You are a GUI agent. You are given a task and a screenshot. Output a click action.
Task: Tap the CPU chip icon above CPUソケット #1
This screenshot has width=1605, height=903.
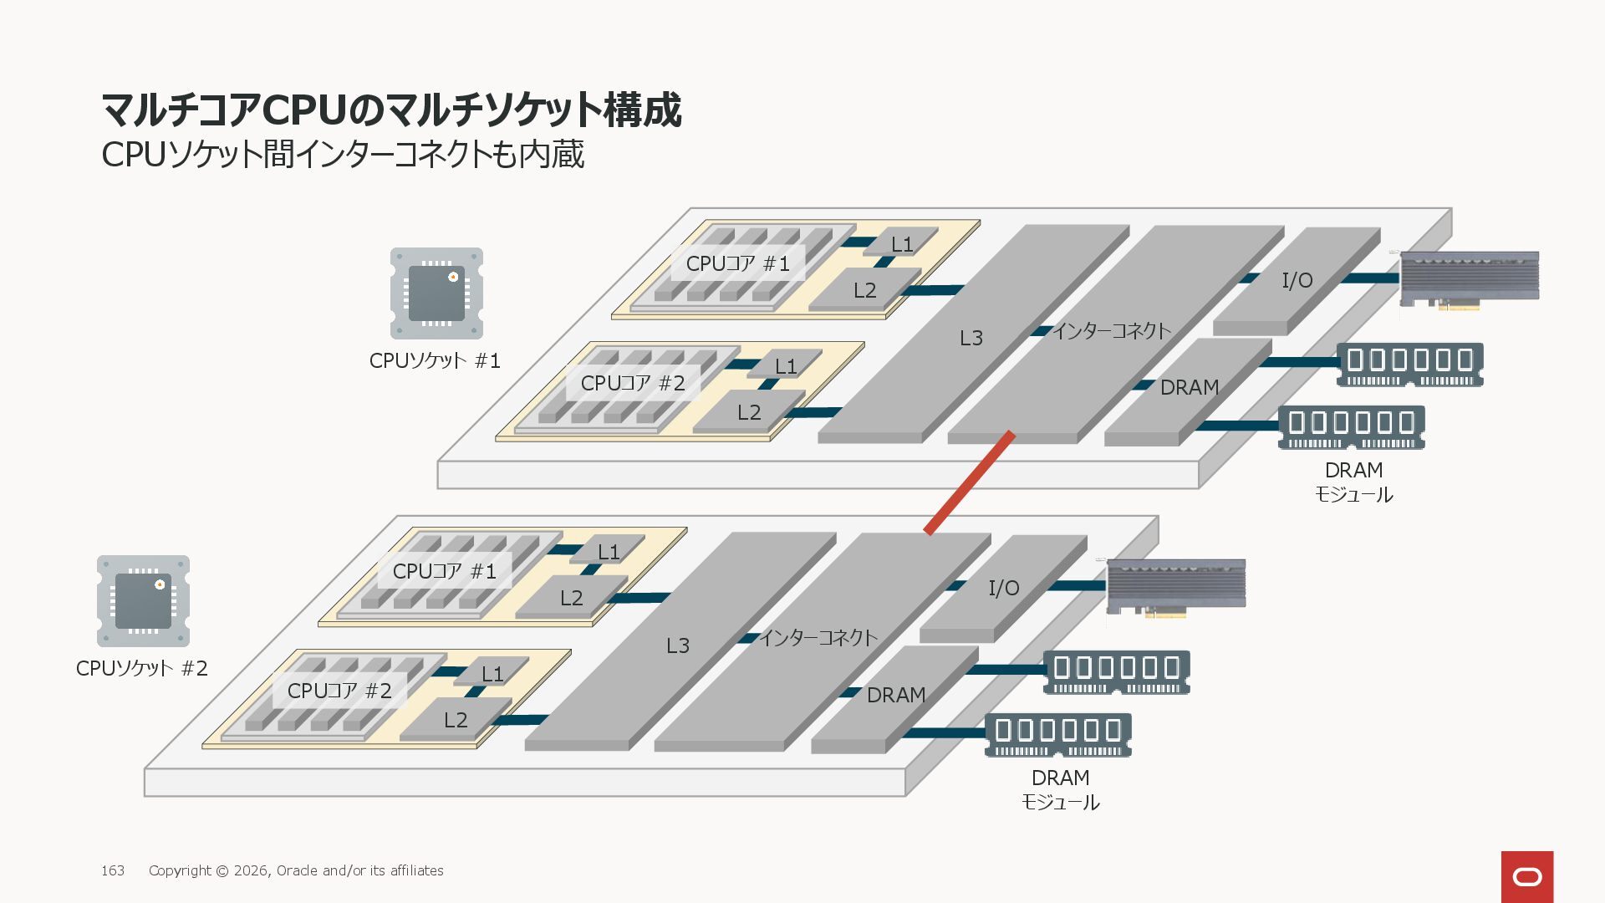(x=436, y=293)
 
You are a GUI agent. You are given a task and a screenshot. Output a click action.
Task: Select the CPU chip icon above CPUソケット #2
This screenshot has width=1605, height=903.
(x=143, y=601)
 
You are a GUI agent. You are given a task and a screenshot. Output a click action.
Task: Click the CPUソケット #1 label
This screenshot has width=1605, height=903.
(x=435, y=361)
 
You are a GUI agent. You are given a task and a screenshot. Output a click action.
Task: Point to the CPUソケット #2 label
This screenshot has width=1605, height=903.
(x=141, y=669)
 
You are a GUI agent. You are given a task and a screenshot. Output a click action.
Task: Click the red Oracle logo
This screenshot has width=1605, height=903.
(x=1526, y=876)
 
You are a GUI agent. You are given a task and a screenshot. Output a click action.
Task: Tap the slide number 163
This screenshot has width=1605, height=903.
(x=113, y=871)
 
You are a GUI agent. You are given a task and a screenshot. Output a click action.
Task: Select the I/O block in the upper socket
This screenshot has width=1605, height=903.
(x=1297, y=281)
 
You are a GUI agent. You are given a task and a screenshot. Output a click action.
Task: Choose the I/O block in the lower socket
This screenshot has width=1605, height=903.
(x=1003, y=589)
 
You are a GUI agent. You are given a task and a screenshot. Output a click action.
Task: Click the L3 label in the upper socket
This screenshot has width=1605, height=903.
(x=971, y=339)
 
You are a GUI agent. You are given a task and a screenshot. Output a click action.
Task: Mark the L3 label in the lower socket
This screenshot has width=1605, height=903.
(x=677, y=646)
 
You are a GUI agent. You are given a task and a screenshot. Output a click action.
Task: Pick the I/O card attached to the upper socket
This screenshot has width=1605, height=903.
(x=1469, y=278)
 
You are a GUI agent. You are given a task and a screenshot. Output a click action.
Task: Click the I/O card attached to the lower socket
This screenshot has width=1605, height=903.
(x=1175, y=586)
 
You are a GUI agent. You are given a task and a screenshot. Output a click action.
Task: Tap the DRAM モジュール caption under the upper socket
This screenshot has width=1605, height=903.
(x=1353, y=482)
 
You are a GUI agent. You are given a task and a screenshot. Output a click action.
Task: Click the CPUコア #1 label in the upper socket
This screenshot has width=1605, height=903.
(x=737, y=264)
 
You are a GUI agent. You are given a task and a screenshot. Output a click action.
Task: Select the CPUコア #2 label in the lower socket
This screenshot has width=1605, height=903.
(x=339, y=691)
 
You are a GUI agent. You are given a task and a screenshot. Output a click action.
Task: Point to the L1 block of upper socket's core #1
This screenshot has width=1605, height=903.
(x=901, y=244)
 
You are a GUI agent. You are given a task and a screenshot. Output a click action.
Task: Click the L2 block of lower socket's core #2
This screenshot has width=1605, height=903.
(x=456, y=720)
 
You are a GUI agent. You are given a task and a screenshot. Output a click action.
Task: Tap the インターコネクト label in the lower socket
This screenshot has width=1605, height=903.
(x=818, y=639)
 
